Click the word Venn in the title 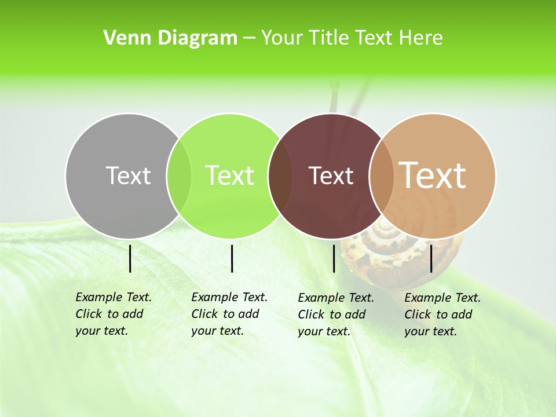point(123,38)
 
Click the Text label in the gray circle point(128,175)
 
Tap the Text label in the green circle point(230,175)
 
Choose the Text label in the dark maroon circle point(331,175)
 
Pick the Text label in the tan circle point(433,175)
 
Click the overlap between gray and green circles point(179,175)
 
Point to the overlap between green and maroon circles point(280,175)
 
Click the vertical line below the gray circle point(130,258)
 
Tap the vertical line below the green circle point(232,258)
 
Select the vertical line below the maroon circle point(334,258)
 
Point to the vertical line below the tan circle point(431,258)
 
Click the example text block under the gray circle point(113,314)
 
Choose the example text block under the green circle point(229,314)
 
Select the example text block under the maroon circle point(335,314)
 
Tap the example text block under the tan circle point(442,314)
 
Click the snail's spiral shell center point(383,232)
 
